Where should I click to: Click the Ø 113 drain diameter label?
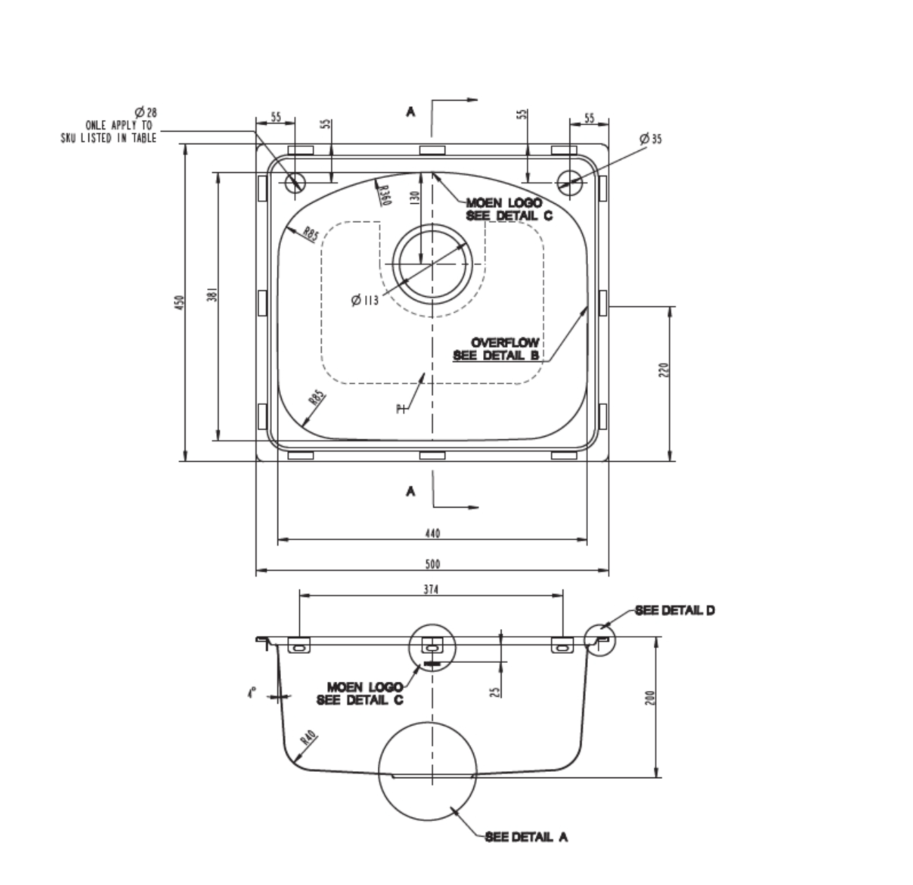pos(364,300)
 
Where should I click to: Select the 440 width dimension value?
pos(432,534)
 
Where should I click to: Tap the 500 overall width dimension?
pos(433,564)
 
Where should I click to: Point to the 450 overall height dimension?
pos(178,302)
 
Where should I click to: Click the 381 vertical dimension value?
pos(212,294)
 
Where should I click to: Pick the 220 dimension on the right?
pos(664,370)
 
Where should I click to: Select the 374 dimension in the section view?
pos(431,589)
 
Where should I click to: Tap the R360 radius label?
pos(385,195)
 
